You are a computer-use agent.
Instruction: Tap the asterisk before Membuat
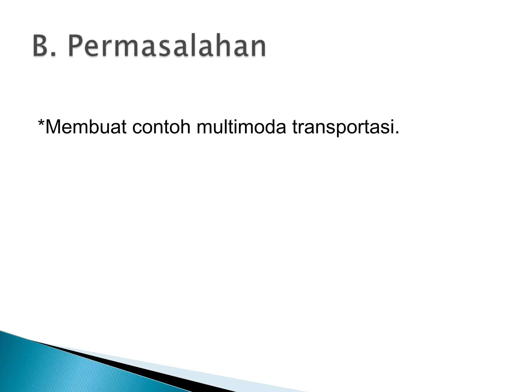(x=41, y=123)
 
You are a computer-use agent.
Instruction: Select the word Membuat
(x=85, y=127)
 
